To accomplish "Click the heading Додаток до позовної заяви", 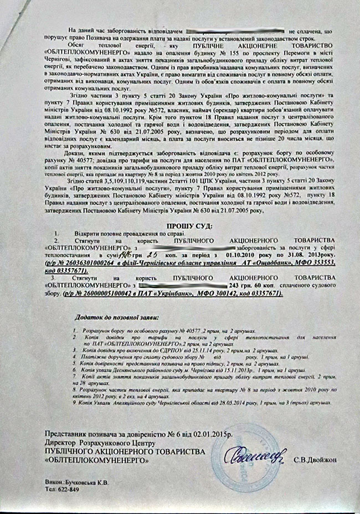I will pyautogui.click(x=116, y=317).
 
